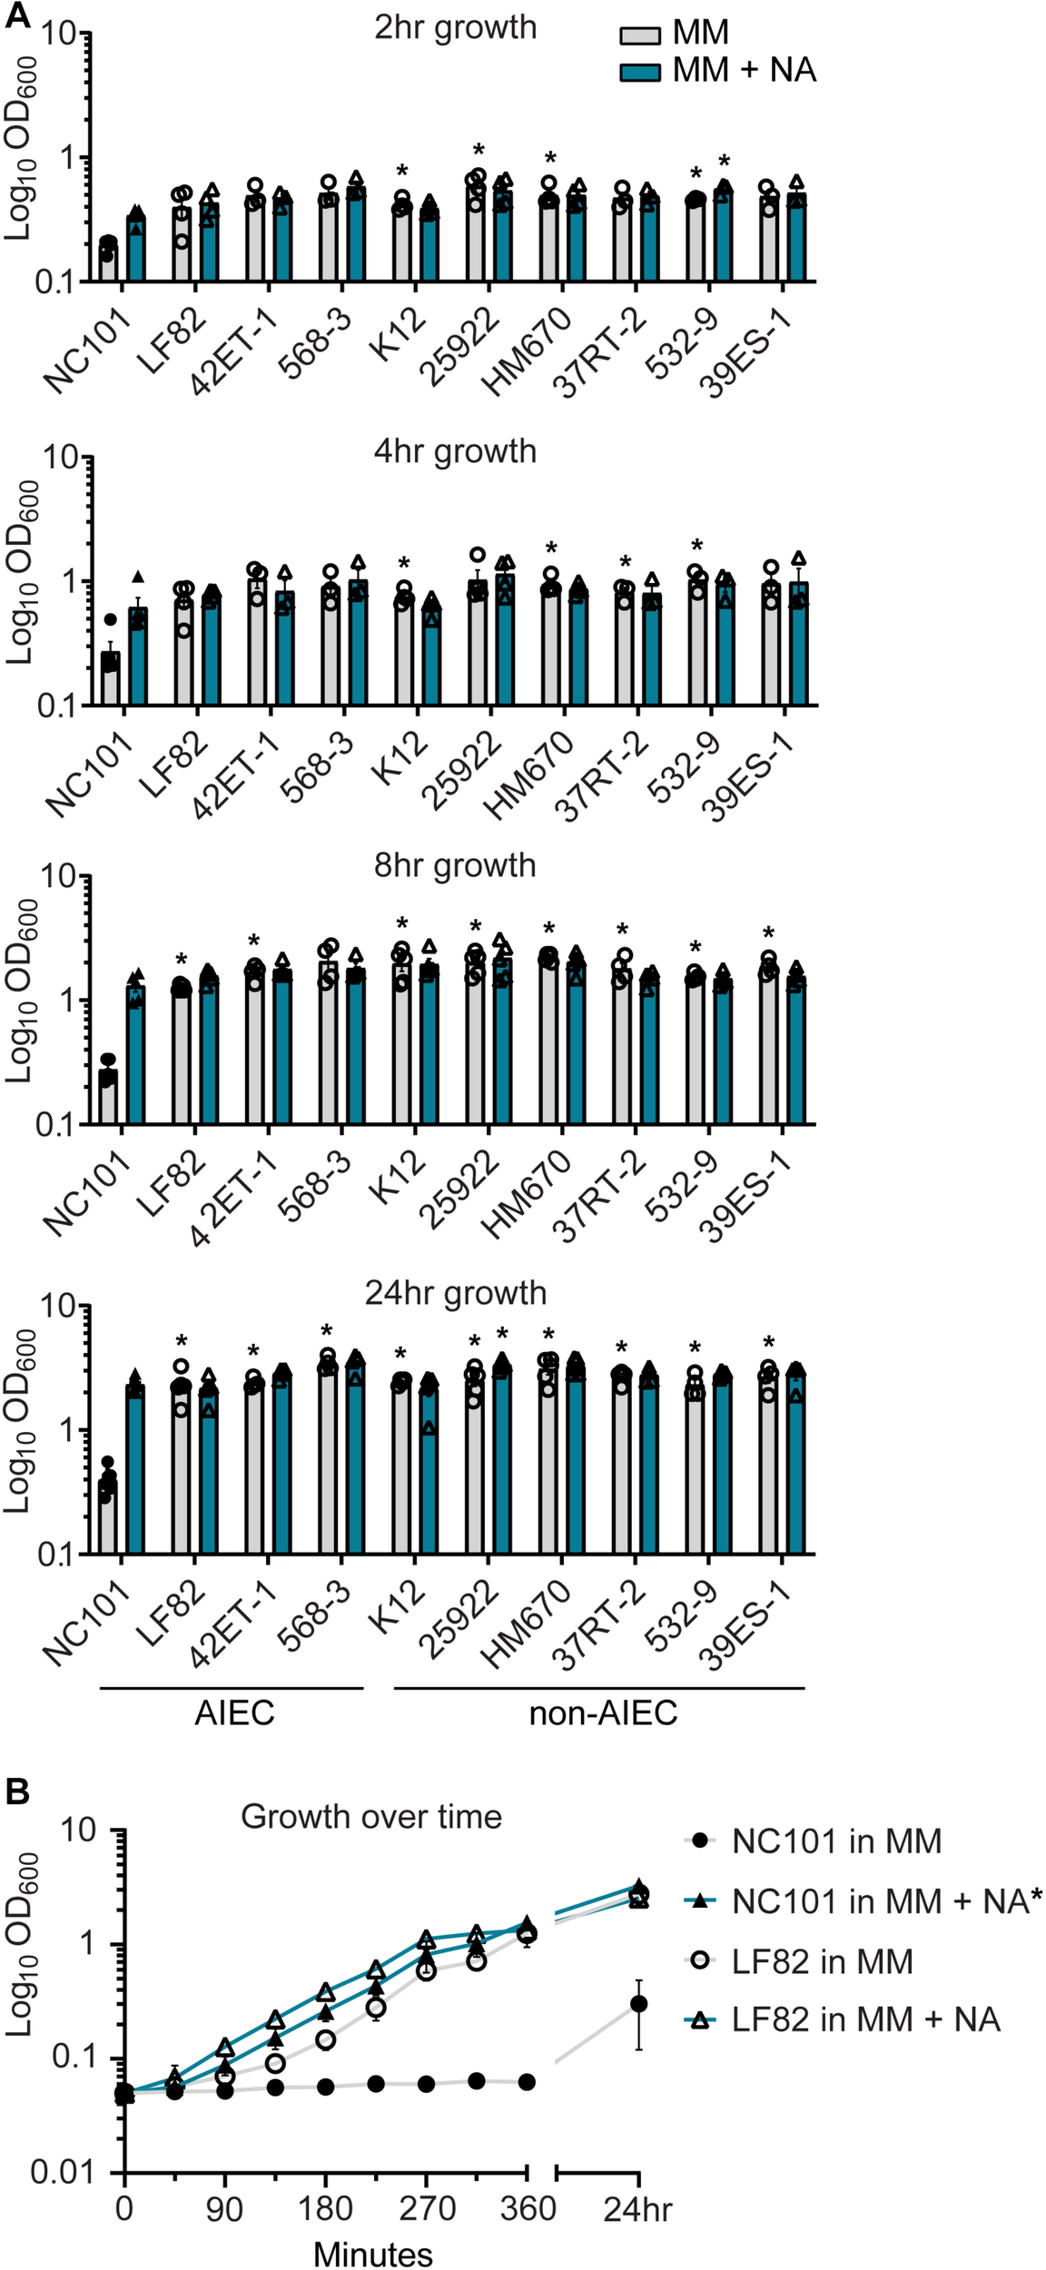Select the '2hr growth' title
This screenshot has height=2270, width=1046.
click(455, 28)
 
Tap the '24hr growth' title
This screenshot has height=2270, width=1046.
click(455, 1293)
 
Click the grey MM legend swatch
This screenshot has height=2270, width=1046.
click(639, 35)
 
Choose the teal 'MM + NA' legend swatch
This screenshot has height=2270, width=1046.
click(639, 72)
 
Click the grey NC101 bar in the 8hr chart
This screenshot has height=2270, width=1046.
click(109, 1098)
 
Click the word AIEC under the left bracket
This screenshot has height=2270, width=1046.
click(234, 1713)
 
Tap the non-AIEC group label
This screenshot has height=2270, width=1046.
click(603, 1713)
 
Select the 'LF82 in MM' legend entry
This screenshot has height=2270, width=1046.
click(822, 1961)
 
